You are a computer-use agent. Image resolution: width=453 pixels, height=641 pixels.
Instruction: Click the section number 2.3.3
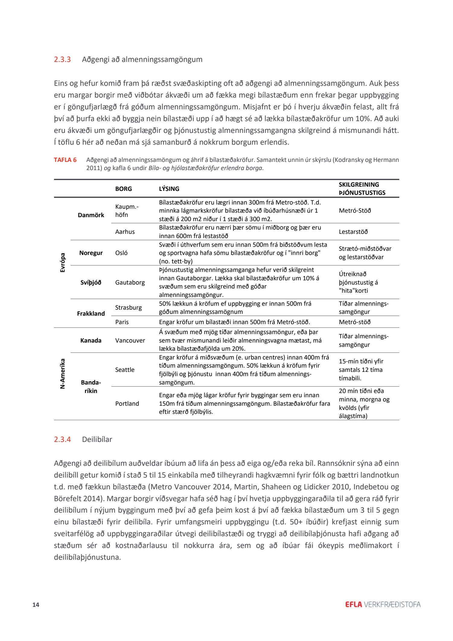coord(62,59)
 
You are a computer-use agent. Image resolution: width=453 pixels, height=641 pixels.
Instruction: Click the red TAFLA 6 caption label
coord(65,160)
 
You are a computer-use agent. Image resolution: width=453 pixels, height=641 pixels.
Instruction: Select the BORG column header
coord(123,189)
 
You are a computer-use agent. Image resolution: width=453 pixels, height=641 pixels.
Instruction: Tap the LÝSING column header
coord(169,189)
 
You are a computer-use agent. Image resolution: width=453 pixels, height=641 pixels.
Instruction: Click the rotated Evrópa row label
coord(63,263)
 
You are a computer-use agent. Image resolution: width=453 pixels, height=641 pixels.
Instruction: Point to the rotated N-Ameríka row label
coord(63,374)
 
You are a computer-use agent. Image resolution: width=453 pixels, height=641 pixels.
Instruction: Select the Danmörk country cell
coord(91,215)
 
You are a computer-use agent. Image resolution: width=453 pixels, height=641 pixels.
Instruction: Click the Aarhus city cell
coord(125,232)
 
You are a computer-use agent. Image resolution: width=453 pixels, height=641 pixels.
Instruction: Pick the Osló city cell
coord(121,253)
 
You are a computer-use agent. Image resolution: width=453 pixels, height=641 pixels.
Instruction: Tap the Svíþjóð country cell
coord(91,282)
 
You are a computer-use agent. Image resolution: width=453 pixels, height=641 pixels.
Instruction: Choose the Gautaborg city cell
coord(130,282)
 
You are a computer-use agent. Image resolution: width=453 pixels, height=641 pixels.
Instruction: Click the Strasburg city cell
coord(128,308)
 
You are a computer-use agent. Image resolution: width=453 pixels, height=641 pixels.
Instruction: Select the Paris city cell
coord(122,322)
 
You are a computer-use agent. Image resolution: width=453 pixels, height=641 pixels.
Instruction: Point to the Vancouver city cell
coord(130,340)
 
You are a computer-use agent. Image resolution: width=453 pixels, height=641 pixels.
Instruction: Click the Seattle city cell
coord(125,370)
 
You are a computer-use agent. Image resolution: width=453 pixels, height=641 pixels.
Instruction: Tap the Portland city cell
coord(127,404)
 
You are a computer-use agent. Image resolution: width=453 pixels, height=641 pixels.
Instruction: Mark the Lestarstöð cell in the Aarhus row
coord(353,232)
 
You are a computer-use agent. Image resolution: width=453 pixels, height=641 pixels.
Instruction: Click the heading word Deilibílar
coord(97,440)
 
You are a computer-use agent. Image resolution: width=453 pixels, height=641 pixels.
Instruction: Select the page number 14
coord(36,604)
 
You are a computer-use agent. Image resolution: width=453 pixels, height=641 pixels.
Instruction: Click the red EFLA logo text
coord(353,604)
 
